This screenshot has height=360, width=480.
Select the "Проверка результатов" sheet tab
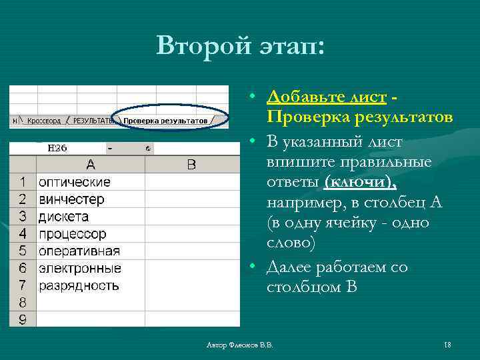(x=166, y=121)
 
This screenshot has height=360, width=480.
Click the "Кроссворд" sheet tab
(x=43, y=121)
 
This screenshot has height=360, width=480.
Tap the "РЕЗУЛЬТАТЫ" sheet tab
(x=93, y=121)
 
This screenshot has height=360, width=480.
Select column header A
(x=90, y=165)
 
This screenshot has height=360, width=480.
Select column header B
(x=191, y=165)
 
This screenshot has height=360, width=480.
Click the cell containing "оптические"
(x=90, y=182)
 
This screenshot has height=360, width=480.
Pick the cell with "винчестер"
(x=90, y=199)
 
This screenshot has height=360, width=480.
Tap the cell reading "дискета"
(x=90, y=217)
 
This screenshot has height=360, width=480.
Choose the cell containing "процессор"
(x=90, y=234)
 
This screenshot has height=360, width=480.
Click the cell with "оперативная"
(x=90, y=251)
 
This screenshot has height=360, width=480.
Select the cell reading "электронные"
(x=90, y=269)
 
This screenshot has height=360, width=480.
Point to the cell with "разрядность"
(x=90, y=286)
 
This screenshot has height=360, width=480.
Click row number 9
(x=23, y=320)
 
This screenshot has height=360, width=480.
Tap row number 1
(x=23, y=182)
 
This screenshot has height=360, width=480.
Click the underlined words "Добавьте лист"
(x=326, y=97)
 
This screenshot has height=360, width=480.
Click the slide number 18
(x=447, y=345)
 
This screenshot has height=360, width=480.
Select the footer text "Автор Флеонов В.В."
(x=240, y=345)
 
